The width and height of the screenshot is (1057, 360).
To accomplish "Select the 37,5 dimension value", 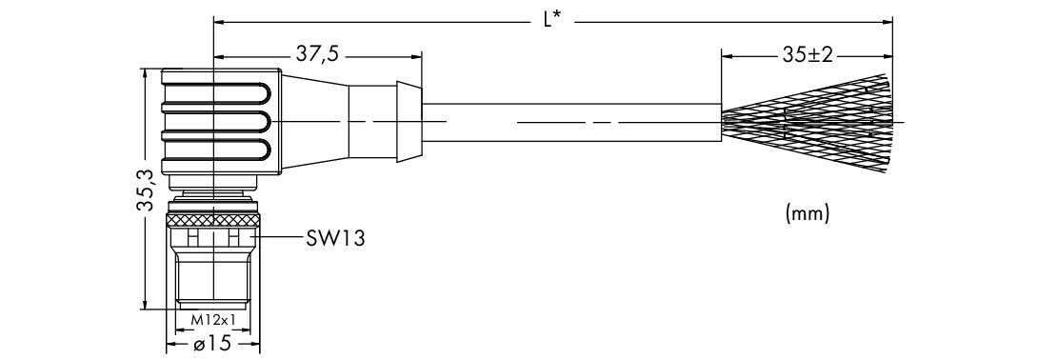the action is [x=317, y=54].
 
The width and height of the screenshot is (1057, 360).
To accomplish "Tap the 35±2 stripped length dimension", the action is [x=808, y=55].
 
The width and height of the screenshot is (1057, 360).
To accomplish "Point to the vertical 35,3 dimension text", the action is [x=146, y=190].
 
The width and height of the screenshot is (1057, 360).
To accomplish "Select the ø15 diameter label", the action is [x=212, y=344].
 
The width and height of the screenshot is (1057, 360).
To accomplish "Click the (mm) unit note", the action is [x=807, y=213].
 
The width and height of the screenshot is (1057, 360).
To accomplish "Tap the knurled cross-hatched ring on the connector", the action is [x=212, y=219].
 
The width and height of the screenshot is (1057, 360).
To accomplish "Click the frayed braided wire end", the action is [x=807, y=121].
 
